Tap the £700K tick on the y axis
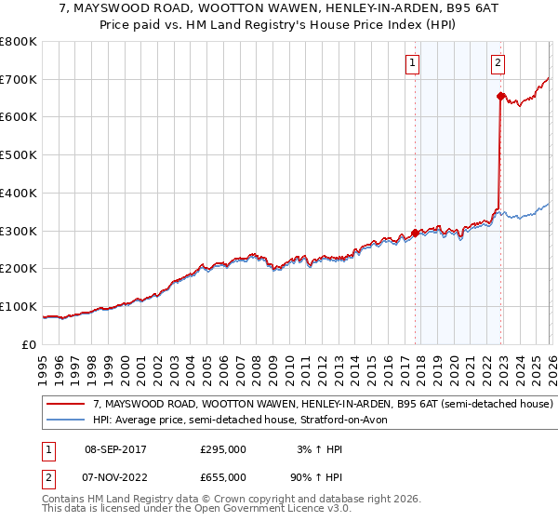click(x=19, y=79)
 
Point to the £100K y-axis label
click(x=19, y=306)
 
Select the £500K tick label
click(x=19, y=155)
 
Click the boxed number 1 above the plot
click(x=412, y=63)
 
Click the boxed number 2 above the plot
click(x=498, y=63)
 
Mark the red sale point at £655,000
click(x=500, y=96)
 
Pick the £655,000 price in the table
click(x=222, y=476)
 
